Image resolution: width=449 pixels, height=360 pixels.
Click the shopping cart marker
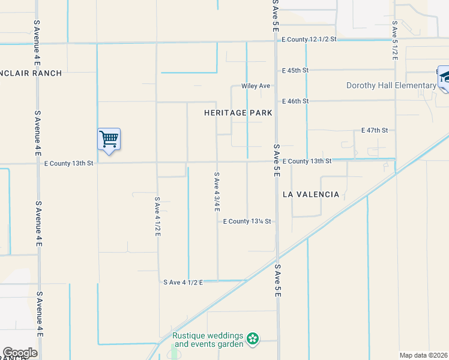109,139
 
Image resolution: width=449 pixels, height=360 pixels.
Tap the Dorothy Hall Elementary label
391,85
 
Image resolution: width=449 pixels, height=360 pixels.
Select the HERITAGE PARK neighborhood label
238,113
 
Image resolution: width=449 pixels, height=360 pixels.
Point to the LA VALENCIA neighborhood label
311,194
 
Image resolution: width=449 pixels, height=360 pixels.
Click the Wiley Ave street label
256,86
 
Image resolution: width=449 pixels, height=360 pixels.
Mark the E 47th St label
375,130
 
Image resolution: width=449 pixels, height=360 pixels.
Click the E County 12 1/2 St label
310,39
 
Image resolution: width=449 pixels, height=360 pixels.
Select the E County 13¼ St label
247,221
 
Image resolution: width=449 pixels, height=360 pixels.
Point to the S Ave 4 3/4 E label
217,192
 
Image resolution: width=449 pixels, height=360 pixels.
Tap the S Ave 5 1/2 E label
394,40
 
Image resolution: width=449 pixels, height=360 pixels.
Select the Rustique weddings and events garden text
208,340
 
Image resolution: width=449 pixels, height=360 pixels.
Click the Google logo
20,353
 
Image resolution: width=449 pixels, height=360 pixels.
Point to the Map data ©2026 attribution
424,355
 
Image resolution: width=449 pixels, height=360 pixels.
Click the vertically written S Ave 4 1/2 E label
157,216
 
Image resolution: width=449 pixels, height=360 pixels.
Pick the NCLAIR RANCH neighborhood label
31,73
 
